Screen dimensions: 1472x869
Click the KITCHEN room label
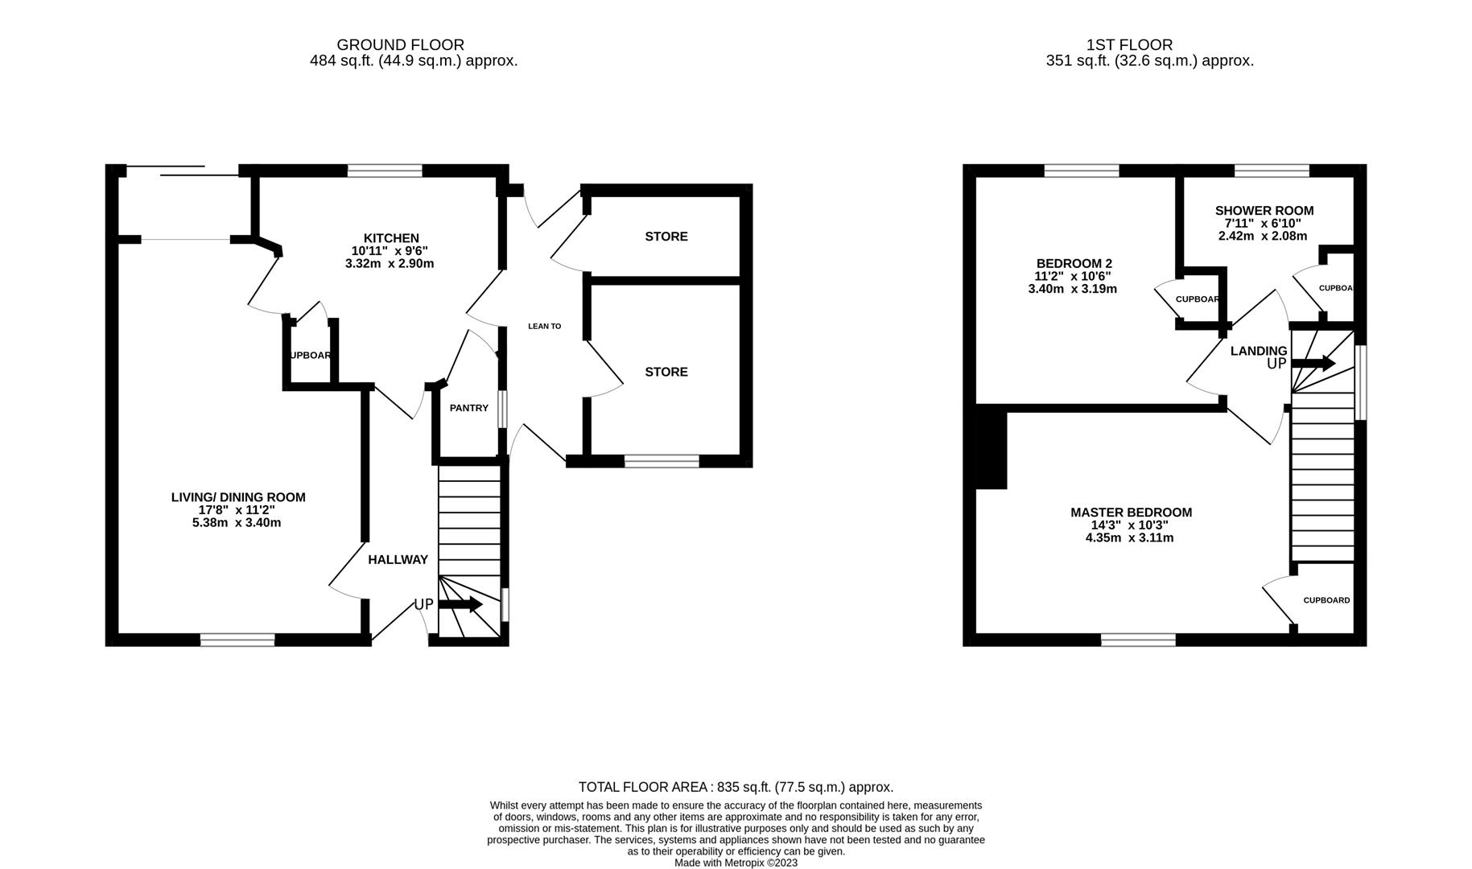[x=391, y=238]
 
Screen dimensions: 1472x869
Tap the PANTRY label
[x=469, y=408]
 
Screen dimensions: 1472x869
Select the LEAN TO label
[x=544, y=326]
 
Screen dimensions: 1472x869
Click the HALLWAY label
[x=398, y=559]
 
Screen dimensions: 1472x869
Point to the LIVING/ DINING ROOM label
[x=238, y=497]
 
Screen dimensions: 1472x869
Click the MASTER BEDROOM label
[x=1131, y=513]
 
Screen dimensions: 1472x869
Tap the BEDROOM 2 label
[x=1074, y=263]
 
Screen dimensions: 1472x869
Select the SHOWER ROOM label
[x=1264, y=211]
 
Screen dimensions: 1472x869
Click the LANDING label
[x=1259, y=351]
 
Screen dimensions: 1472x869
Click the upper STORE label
[x=666, y=237]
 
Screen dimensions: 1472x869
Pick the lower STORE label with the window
[x=666, y=372]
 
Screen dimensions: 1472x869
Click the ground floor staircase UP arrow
[x=460, y=604]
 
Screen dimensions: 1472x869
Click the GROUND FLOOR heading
[x=400, y=45]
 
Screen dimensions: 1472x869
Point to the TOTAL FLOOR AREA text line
[x=736, y=788]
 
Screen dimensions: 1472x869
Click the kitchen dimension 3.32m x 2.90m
[x=390, y=264]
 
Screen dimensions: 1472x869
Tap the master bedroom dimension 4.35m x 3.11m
[x=1130, y=537]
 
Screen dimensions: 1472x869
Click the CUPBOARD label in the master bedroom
[x=1326, y=600]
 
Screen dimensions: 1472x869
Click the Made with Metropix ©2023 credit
[x=736, y=863]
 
